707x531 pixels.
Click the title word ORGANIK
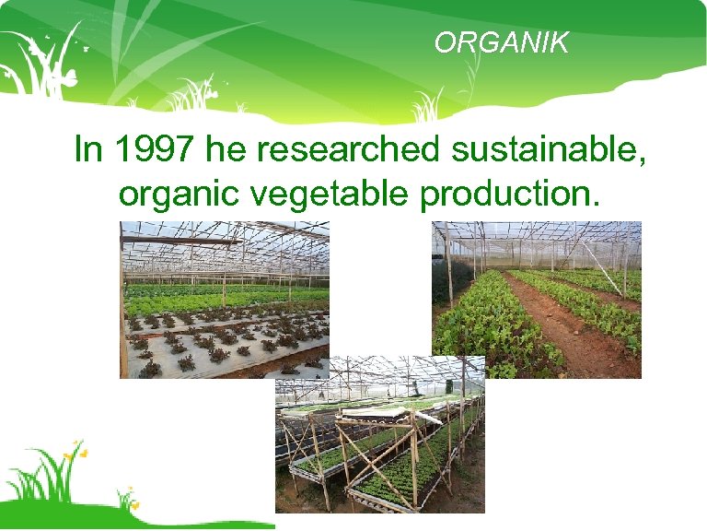(x=502, y=42)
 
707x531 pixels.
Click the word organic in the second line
(x=175, y=195)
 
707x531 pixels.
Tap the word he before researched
(x=226, y=149)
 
